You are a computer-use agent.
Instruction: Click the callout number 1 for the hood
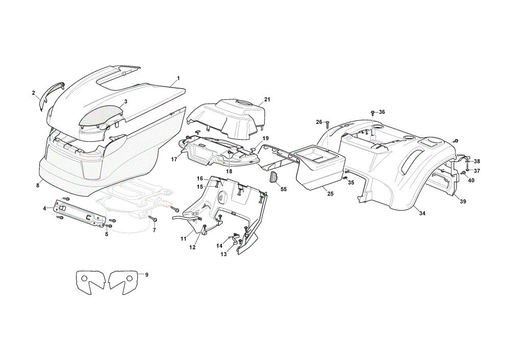pyautogui.click(x=178, y=79)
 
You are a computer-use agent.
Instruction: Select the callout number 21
pyautogui.click(x=267, y=99)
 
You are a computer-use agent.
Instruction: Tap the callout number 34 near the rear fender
pyautogui.click(x=422, y=213)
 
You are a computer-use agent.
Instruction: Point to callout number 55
pyautogui.click(x=284, y=189)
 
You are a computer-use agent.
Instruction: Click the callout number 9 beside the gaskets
pyautogui.click(x=147, y=275)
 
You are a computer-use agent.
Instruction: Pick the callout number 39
pyautogui.click(x=463, y=201)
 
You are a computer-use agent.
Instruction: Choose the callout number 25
pyautogui.click(x=330, y=194)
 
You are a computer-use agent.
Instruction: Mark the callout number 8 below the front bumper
pyautogui.click(x=38, y=185)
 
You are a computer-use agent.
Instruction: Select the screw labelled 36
pyautogui.click(x=372, y=113)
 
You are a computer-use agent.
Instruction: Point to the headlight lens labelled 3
pyautogui.click(x=101, y=116)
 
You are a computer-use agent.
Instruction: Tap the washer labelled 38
pyautogui.click(x=467, y=161)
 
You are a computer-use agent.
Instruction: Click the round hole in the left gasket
pyautogui.click(x=84, y=278)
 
